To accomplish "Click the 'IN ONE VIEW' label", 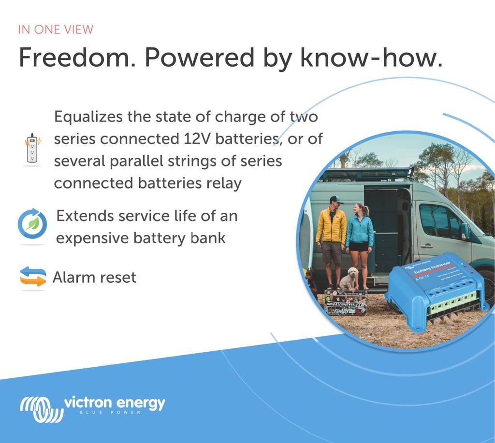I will pos(56,29).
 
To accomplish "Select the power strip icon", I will pos(32,149).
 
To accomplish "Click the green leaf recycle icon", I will pos(32,224).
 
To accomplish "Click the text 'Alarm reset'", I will pos(94,277).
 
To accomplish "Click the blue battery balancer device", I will pos(435,290).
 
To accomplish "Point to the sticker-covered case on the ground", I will pos(345,303).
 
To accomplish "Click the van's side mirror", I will pos(465,231).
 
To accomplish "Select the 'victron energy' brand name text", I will pos(114,403).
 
